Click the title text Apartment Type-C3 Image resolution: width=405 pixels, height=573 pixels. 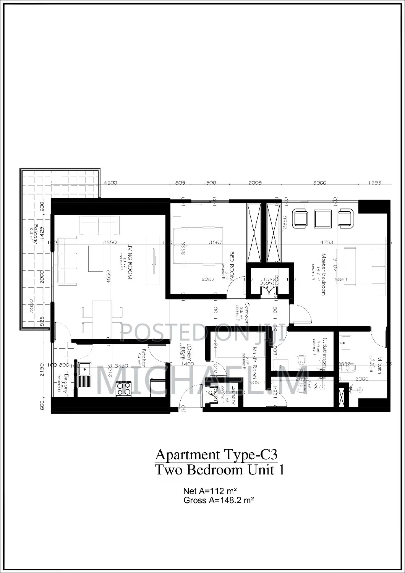216,455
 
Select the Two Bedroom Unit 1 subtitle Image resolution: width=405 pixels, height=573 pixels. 220,469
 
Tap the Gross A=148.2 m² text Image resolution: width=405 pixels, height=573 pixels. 219,500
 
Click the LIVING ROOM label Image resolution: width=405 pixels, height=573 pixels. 130,262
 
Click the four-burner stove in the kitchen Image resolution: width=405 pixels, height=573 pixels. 123,389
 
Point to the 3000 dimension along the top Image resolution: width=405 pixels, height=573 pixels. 319,183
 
